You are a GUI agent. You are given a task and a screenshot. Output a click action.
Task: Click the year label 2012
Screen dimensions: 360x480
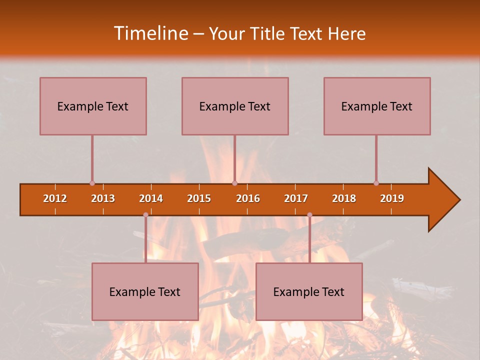click(x=55, y=198)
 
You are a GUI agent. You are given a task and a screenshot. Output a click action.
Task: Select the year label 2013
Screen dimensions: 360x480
click(x=103, y=198)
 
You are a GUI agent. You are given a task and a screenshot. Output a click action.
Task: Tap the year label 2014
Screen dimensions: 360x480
click(x=151, y=198)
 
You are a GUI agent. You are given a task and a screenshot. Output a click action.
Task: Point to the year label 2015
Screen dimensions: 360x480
click(x=199, y=198)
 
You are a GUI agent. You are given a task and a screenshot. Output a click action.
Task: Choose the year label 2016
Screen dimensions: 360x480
click(x=248, y=198)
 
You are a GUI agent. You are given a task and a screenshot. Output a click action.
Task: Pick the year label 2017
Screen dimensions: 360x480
click(x=296, y=198)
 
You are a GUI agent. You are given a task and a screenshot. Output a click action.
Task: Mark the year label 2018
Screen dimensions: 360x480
click(x=344, y=198)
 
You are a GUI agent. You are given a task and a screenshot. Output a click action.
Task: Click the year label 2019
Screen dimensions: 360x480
click(x=392, y=198)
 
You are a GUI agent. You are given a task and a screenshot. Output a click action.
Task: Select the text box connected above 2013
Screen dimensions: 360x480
click(x=93, y=106)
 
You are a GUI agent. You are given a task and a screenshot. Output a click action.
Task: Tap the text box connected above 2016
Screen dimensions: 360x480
click(x=235, y=106)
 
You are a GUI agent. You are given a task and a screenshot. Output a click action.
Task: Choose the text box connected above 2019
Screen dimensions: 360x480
click(x=377, y=106)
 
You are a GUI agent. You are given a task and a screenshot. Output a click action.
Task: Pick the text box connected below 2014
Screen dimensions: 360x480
click(x=145, y=291)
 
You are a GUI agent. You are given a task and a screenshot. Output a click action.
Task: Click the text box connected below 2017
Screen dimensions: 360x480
click(x=309, y=291)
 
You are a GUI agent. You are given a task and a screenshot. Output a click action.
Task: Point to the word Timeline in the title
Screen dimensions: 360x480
click(x=150, y=33)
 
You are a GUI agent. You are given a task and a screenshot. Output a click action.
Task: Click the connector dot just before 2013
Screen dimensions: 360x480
click(x=92, y=183)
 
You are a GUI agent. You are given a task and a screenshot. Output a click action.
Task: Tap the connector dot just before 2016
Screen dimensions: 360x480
click(x=234, y=183)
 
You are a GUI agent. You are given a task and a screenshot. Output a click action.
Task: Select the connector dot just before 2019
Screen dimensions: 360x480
click(x=376, y=183)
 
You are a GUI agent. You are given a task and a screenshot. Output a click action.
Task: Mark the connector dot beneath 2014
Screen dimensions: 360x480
click(x=145, y=214)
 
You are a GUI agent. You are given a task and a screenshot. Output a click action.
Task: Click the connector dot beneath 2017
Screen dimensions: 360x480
click(x=309, y=214)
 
